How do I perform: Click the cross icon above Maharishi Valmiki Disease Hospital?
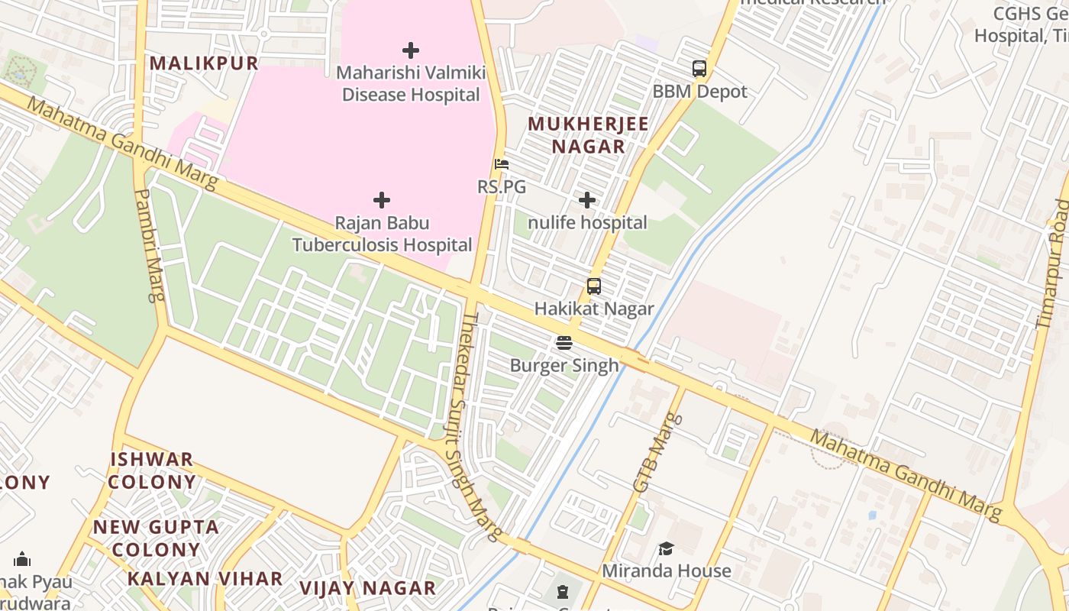coord(411,50)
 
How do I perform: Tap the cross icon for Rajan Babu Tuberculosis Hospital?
coord(382,200)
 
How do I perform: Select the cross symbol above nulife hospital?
coord(587,200)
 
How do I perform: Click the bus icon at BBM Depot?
coord(699,69)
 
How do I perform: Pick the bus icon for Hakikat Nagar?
coord(594,286)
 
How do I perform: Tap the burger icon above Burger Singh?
coord(564,343)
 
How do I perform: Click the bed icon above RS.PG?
coord(502,164)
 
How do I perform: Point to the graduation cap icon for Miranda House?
coord(667,548)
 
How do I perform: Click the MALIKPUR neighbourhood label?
coord(204,63)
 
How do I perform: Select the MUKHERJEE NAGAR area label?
coord(588,135)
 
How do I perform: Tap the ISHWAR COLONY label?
coord(152,470)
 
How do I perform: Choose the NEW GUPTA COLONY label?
coord(156,538)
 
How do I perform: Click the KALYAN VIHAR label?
coord(205,579)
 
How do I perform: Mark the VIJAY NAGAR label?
coord(367,589)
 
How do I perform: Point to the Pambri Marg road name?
coord(149,245)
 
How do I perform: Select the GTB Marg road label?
coord(656,452)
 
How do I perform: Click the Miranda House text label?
coord(667,571)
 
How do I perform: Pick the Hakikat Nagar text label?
coord(594,309)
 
